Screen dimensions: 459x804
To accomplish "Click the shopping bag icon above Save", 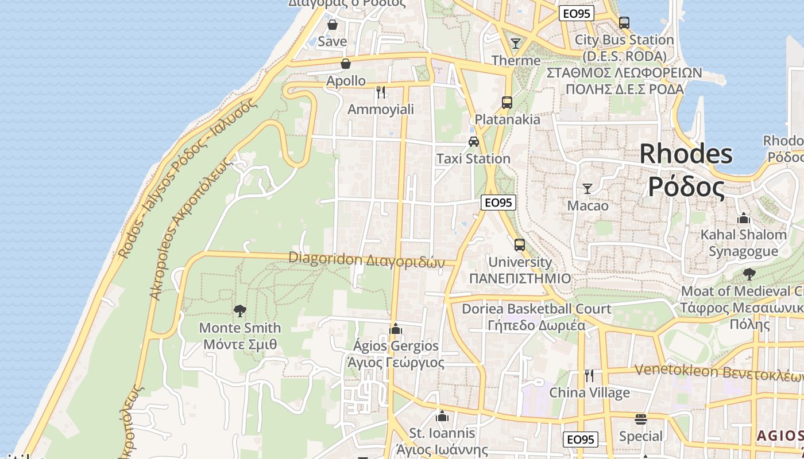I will tap(332, 25).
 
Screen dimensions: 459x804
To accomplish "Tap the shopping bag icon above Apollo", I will tap(346, 64).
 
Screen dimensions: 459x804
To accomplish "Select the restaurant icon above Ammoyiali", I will tap(380, 92).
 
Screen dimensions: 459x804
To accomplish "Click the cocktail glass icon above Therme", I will tap(516, 43).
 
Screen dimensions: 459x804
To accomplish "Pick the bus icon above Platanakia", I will tap(507, 103).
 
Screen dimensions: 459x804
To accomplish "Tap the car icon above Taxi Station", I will tap(473, 142).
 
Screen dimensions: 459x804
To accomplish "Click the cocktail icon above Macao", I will tap(587, 188).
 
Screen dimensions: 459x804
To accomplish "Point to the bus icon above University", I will tap(520, 245).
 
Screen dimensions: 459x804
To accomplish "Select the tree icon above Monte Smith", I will tap(240, 311).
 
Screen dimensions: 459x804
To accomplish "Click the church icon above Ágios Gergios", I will tap(395, 329).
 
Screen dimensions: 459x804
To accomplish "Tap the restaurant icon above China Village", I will tap(589, 376).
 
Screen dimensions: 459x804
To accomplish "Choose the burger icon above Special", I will tap(641, 419).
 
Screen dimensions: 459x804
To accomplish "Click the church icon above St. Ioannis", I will tap(442, 416).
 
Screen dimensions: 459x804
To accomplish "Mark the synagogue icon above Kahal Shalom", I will tap(744, 218).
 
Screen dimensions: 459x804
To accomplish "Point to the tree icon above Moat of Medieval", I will tap(749, 274).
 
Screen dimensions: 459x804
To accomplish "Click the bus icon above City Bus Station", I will tap(624, 23).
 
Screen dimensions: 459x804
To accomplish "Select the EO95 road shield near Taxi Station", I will tap(498, 202).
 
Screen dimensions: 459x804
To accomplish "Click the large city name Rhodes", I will tap(686, 154).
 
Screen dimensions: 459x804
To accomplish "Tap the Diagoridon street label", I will tap(366, 260).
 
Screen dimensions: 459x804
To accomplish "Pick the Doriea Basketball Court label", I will tap(536, 309).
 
